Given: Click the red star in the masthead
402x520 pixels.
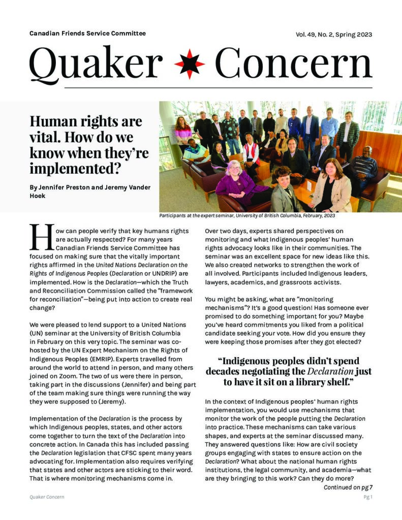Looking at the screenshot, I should [190, 64].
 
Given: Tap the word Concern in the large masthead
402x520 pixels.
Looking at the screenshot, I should [293, 63].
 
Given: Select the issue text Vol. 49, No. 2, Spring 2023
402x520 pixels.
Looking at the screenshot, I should [333, 35].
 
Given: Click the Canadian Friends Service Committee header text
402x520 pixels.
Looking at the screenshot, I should [87, 34].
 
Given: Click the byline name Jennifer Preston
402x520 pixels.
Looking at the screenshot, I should [63, 187].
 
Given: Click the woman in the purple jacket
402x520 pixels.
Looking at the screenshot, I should [236, 180].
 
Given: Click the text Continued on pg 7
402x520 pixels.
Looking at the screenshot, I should [348, 487].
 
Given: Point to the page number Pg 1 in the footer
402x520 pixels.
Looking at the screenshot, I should [367, 497].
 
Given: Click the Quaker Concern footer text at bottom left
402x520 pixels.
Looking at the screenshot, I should [47, 497].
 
